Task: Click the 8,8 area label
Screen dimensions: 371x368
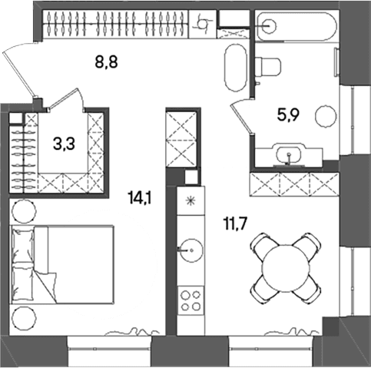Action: pyautogui.click(x=106, y=62)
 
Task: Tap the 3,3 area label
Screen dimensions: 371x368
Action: pyautogui.click(x=64, y=144)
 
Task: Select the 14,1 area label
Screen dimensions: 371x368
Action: pyautogui.click(x=141, y=198)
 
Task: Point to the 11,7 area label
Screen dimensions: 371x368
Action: pyautogui.click(x=235, y=224)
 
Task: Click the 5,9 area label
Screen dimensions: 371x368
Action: pyautogui.click(x=288, y=115)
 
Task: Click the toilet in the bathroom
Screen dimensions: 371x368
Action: pyautogui.click(x=268, y=67)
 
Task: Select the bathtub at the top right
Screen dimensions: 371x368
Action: pyautogui.click(x=294, y=26)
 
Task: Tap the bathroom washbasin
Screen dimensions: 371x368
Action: pyautogui.click(x=289, y=155)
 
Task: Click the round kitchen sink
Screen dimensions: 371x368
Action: pyautogui.click(x=191, y=250)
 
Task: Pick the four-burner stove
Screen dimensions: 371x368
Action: pyautogui.click(x=191, y=300)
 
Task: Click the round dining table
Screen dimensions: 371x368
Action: pyautogui.click(x=286, y=268)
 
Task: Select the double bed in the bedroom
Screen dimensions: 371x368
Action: pyautogui.click(x=61, y=264)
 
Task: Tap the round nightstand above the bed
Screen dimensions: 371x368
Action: pyautogui.click(x=25, y=211)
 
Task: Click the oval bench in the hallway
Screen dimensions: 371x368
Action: pyautogui.click(x=236, y=68)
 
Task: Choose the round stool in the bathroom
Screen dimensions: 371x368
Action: pyautogui.click(x=326, y=116)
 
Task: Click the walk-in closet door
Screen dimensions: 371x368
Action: pyautogui.click(x=67, y=99)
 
